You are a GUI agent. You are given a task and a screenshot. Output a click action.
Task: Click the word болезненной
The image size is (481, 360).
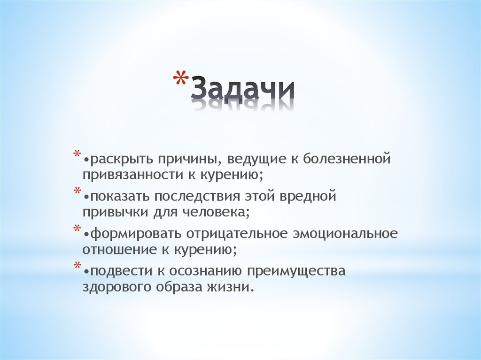pyautogui.click(x=347, y=160)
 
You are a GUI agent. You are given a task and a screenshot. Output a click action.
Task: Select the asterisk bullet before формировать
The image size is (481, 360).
pyautogui.click(x=77, y=229)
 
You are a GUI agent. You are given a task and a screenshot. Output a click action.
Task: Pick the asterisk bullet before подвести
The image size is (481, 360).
pyautogui.click(x=77, y=266)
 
